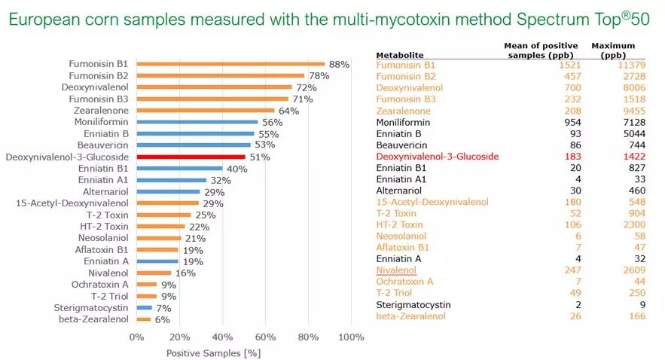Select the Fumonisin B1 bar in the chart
coord(230,64)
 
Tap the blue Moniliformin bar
coord(197,122)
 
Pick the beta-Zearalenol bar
coord(143,319)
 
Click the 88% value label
coord(339,65)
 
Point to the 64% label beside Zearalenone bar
coord(288,111)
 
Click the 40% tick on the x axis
coord(222,337)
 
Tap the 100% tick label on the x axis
coord(351,337)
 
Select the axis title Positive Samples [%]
coord(213,352)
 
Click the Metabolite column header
coord(400,54)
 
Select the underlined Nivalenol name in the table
coord(398,270)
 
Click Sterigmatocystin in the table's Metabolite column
coord(413,304)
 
